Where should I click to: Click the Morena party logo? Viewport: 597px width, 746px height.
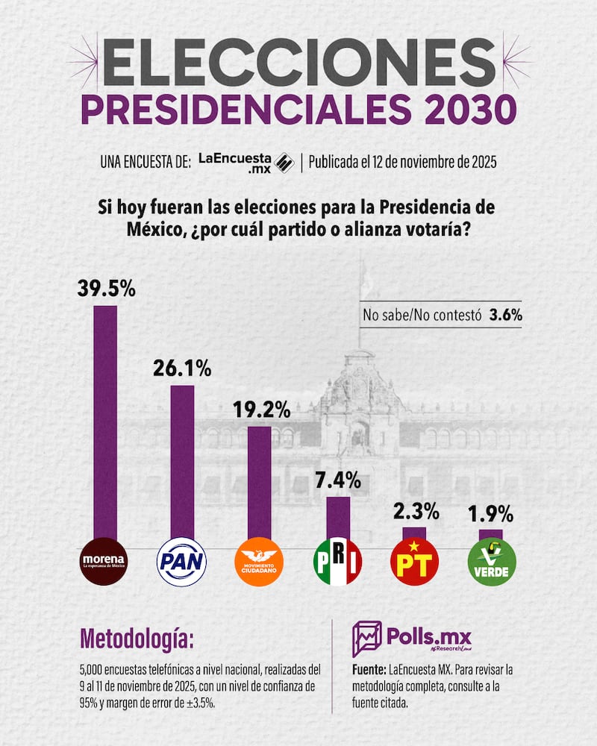coord(104,560)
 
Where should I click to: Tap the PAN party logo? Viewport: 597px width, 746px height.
coord(181,560)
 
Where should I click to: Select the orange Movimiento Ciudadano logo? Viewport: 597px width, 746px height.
coord(259,560)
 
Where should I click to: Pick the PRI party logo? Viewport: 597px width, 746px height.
coord(337,560)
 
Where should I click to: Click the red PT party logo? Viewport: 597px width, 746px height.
coord(414,560)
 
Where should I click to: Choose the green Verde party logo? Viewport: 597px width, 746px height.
coord(491,560)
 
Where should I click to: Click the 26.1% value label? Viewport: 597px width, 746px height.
coord(183,368)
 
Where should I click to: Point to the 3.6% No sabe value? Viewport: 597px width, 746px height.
coord(505,314)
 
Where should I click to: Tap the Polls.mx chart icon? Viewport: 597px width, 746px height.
coord(366,639)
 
